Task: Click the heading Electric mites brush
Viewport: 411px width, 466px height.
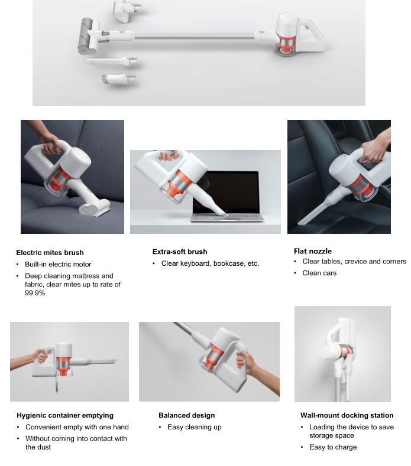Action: point(50,253)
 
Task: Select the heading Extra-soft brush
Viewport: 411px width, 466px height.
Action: point(180,252)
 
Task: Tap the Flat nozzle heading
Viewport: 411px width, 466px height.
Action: point(312,251)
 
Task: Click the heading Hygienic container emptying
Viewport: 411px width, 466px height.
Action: point(65,415)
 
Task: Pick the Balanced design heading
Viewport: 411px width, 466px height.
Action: point(187,415)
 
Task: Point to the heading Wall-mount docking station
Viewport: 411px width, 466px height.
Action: point(347,415)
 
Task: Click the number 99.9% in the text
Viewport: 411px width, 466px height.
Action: point(35,293)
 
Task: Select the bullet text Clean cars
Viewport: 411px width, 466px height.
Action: point(319,273)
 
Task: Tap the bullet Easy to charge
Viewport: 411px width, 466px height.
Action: point(333,447)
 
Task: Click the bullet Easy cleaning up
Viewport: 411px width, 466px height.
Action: point(195,427)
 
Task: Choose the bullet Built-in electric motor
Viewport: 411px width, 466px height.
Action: point(58,264)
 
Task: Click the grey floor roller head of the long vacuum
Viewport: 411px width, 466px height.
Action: point(86,36)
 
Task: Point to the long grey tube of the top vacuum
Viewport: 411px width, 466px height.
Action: point(194,36)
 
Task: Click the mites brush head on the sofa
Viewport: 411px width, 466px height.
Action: point(95,208)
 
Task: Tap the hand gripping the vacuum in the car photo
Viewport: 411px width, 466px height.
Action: point(374,149)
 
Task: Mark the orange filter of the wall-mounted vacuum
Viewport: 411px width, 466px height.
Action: point(346,352)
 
